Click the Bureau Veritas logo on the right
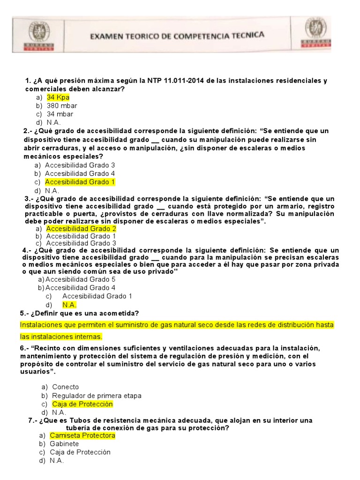pyautogui.click(x=316, y=33)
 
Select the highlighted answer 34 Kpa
pyautogui.click(x=58, y=97)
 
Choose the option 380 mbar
pyautogui.click(x=62, y=105)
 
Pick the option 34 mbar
pyautogui.click(x=60, y=114)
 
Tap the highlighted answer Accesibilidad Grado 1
pyautogui.click(x=80, y=182)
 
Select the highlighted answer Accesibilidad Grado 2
pyautogui.click(x=81, y=228)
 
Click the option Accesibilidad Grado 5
pyautogui.click(x=80, y=279)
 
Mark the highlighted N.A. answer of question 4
pyautogui.click(x=69, y=305)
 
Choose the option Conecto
pyautogui.click(x=66, y=387)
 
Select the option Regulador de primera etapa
pyautogui.click(x=97, y=396)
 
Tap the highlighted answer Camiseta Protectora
pyautogui.click(x=82, y=435)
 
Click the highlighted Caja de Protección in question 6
pyautogui.click(x=82, y=404)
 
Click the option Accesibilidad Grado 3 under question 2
pyautogui.click(x=80, y=165)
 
